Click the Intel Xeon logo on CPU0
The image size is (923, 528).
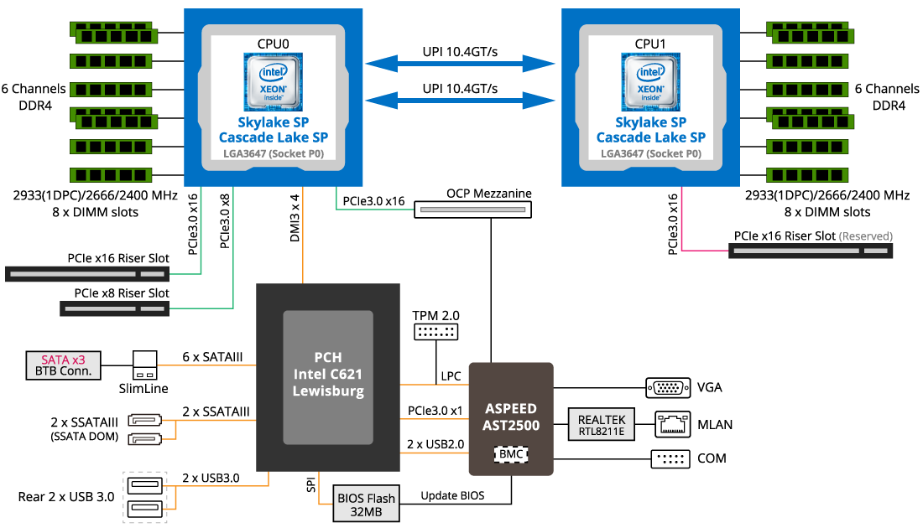coord(274,82)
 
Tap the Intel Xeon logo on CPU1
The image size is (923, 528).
coord(650,82)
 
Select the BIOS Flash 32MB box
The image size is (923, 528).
coord(366,504)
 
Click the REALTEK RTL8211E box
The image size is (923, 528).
coord(601,425)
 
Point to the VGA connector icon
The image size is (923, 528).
coord(668,388)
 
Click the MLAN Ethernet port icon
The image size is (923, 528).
coord(673,425)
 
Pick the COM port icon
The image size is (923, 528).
coord(670,458)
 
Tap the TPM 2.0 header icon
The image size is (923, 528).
coord(435,332)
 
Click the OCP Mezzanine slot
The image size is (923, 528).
coord(472,210)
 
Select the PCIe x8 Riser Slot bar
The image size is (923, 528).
coord(114,308)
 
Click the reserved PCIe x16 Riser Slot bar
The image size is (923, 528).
coord(811,251)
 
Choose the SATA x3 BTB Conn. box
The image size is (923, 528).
coord(63,365)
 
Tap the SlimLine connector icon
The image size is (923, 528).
coord(145,365)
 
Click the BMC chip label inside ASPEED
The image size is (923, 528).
coord(511,454)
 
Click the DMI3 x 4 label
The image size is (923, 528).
coord(295,218)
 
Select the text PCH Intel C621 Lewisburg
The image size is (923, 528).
coord(328,374)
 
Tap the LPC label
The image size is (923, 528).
coord(451,376)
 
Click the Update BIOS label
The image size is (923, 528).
coord(452,495)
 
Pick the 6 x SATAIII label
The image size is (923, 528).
coord(212,357)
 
